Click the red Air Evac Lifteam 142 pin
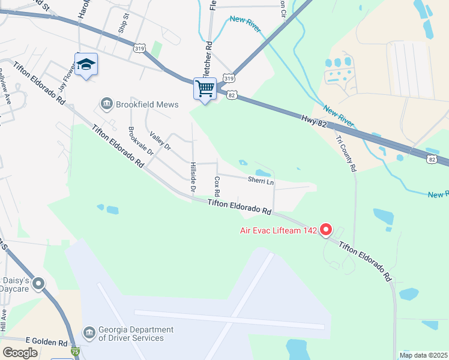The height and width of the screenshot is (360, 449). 326,230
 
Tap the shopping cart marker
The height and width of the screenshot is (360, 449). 205,89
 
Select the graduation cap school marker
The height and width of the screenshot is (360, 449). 86,65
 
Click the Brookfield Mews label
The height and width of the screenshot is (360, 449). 147,104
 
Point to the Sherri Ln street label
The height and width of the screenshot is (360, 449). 261,181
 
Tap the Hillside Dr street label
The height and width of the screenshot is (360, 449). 193,177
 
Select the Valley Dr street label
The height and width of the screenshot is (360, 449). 160,142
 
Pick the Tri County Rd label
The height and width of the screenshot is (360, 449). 346,153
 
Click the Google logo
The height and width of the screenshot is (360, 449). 20,352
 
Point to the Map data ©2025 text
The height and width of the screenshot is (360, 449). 423,355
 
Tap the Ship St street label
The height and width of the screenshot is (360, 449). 123,26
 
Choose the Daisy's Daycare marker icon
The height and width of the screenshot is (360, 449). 39,283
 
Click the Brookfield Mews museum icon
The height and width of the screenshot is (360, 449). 106,104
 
